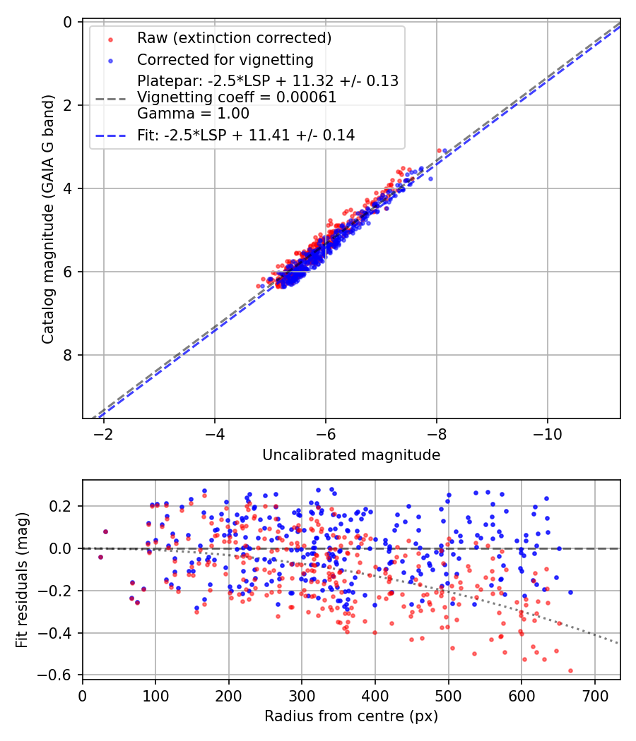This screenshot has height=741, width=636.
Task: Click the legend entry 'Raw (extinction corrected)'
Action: click(234, 37)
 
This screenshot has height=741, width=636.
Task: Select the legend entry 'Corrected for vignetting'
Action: click(225, 59)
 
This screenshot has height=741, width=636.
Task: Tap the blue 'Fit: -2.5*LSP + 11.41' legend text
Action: click(246, 135)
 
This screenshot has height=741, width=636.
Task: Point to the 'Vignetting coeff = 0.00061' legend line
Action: click(237, 97)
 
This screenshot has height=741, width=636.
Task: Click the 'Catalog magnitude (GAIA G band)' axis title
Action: click(47, 219)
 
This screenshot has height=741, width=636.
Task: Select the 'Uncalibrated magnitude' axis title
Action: click(351, 455)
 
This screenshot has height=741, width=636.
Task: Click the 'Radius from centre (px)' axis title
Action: click(351, 716)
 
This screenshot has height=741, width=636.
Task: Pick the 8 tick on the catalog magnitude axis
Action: click(68, 355)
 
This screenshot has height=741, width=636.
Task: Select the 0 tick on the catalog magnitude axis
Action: click(68, 22)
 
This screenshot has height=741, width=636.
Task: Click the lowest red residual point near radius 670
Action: click(570, 670)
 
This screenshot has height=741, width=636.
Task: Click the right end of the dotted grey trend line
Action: click(618, 643)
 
